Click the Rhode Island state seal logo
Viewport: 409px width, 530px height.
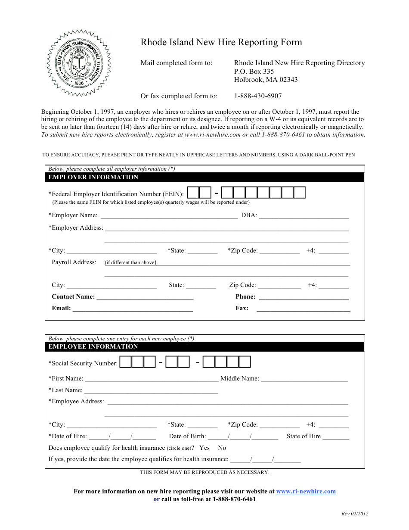tap(79, 63)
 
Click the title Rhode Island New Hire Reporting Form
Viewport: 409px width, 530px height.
tap(221, 42)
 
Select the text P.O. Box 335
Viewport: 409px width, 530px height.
tap(254, 72)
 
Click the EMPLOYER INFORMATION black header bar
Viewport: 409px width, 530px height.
tap(204, 178)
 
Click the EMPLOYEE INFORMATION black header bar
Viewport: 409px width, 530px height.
tap(204, 347)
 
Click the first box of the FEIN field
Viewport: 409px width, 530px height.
tap(194, 193)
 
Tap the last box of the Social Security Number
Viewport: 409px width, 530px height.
tap(245, 362)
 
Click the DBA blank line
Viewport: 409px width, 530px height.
tap(304, 215)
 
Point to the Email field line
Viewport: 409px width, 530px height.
tap(133, 308)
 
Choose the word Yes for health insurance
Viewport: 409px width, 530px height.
tap(204, 448)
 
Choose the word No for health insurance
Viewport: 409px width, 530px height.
tap(222, 448)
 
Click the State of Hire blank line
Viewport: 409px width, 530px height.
tap(336, 436)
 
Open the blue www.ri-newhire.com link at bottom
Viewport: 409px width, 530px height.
tap(306, 492)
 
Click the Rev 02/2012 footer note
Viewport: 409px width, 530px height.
tap(355, 514)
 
